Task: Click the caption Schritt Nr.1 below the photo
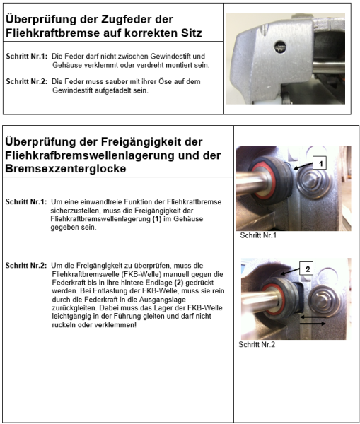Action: [x=259, y=236]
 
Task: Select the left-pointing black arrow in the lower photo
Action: [x=315, y=318]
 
